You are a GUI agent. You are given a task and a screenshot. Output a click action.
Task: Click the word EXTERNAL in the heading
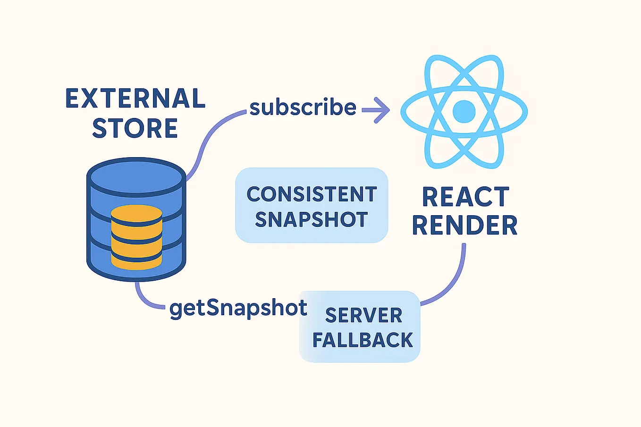coord(135,99)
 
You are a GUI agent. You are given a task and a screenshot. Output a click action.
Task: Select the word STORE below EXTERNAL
coord(135,128)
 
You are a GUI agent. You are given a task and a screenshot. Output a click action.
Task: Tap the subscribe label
coord(303,108)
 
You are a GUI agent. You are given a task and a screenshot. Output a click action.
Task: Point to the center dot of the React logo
coord(464,112)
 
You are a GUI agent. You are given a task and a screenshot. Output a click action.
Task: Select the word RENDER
coord(465,225)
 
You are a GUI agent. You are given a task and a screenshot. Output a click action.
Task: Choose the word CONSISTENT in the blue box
coord(312,194)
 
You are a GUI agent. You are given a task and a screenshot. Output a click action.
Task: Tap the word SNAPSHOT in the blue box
coord(312,220)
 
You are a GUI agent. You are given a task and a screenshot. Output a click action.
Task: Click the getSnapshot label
coord(238,308)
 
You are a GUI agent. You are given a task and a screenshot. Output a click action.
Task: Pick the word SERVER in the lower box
coord(363,315)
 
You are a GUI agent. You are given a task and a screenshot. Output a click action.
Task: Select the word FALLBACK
coord(363,340)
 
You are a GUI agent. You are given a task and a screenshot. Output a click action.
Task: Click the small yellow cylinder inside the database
coord(136,238)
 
